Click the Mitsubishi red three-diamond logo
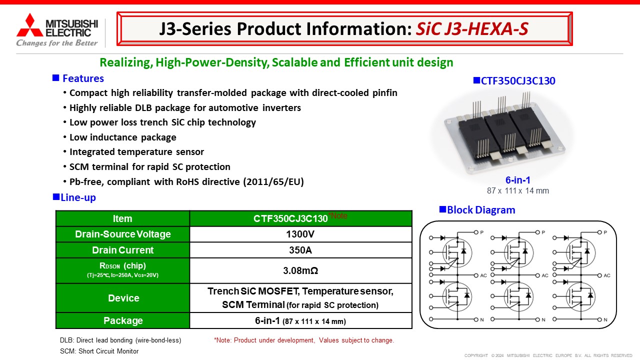[29, 25]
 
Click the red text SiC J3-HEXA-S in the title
[472, 29]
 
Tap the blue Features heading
[83, 78]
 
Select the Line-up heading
[78, 197]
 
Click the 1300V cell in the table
[300, 234]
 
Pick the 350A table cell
[300, 250]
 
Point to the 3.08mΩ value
[300, 270]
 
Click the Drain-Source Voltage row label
[123, 234]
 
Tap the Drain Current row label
[123, 250]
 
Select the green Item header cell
[122, 218]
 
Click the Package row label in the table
[123, 320]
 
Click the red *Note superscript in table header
[337, 215]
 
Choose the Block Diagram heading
[481, 210]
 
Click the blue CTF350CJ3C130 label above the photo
[518, 81]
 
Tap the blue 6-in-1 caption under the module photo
[517, 180]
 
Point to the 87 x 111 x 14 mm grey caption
[517, 190]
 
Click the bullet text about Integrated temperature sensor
[136, 151]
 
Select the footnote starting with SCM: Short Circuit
[99, 351]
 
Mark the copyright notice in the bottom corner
[548, 355]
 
